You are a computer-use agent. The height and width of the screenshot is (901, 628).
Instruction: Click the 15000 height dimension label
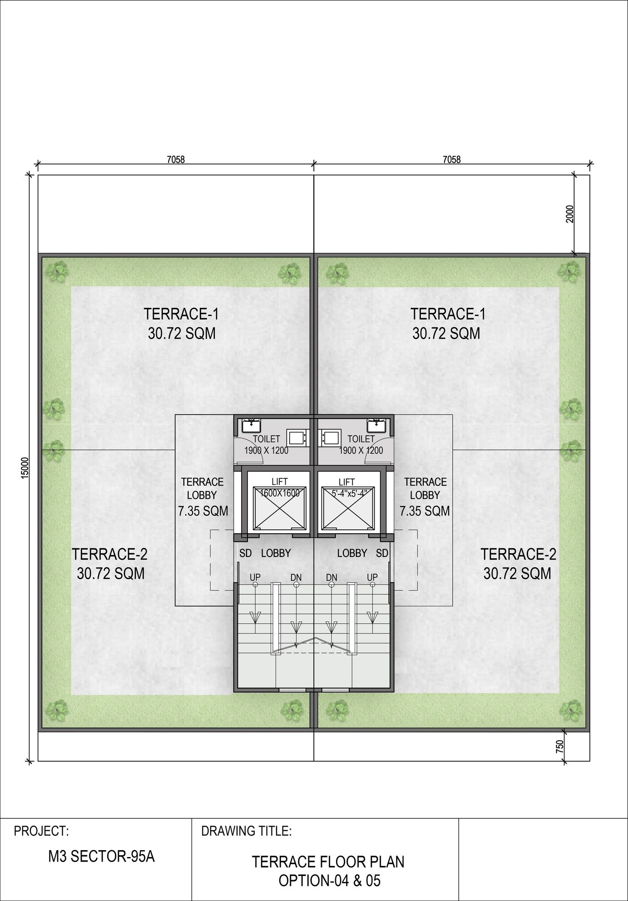point(25,467)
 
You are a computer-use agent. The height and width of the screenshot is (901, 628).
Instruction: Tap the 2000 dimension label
point(570,214)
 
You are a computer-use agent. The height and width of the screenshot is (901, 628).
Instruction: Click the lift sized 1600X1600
point(279,503)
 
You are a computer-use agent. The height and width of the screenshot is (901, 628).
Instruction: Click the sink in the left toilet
point(250,426)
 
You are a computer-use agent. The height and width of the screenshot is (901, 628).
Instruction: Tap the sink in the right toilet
point(377,426)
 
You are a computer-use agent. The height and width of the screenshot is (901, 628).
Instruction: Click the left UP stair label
point(255,577)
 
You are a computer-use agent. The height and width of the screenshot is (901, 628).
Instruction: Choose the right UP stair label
point(372,577)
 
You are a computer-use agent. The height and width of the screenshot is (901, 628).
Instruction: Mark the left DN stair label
point(296,577)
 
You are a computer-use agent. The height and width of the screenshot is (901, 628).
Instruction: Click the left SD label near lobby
point(246,553)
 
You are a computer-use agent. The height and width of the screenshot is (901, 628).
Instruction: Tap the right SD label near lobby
point(382,553)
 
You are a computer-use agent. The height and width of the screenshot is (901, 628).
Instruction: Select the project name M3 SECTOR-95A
point(101,857)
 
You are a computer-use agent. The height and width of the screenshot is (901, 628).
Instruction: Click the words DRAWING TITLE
point(246,831)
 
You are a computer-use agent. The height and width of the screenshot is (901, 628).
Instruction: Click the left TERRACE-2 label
point(110,554)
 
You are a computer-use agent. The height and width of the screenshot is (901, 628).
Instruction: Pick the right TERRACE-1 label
point(448,314)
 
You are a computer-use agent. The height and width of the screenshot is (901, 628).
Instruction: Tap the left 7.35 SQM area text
point(203,511)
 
